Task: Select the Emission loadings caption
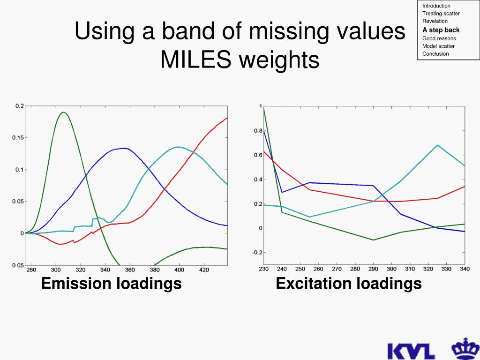click(112, 283)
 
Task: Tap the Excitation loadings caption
click(349, 283)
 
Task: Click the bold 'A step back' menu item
click(441, 30)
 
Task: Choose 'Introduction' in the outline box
click(436, 6)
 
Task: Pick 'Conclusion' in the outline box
click(435, 54)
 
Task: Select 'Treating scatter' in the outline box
click(441, 14)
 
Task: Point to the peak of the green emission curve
click(63, 112)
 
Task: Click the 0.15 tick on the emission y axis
click(17, 138)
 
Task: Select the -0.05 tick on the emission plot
click(17, 265)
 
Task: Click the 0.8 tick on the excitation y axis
click(258, 131)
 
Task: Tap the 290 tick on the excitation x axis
click(373, 269)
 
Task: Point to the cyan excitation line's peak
click(437, 145)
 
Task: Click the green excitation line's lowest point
click(373, 240)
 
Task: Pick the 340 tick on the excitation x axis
click(464, 269)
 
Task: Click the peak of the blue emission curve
click(123, 148)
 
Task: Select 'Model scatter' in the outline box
click(438, 46)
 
